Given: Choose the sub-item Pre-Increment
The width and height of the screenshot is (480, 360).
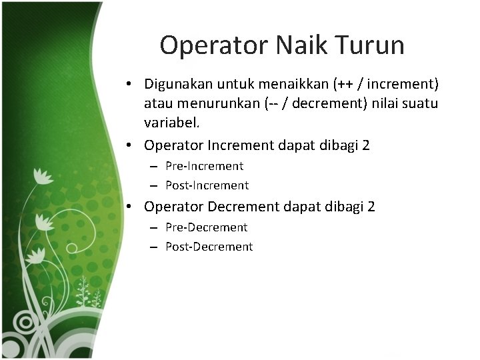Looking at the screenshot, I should coord(204,166).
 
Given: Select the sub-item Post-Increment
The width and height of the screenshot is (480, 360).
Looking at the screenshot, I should coord(207,185).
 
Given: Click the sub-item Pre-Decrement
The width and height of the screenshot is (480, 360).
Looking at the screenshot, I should coord(206,227).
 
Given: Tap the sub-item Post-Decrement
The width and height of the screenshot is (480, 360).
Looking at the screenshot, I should coord(209,247).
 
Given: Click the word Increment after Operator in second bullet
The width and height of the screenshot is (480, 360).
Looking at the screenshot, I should coord(241,145).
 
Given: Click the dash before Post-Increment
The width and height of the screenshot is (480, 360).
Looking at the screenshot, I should coord(153,186).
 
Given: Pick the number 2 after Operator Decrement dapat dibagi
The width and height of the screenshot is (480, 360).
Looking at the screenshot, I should coord(371,207).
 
